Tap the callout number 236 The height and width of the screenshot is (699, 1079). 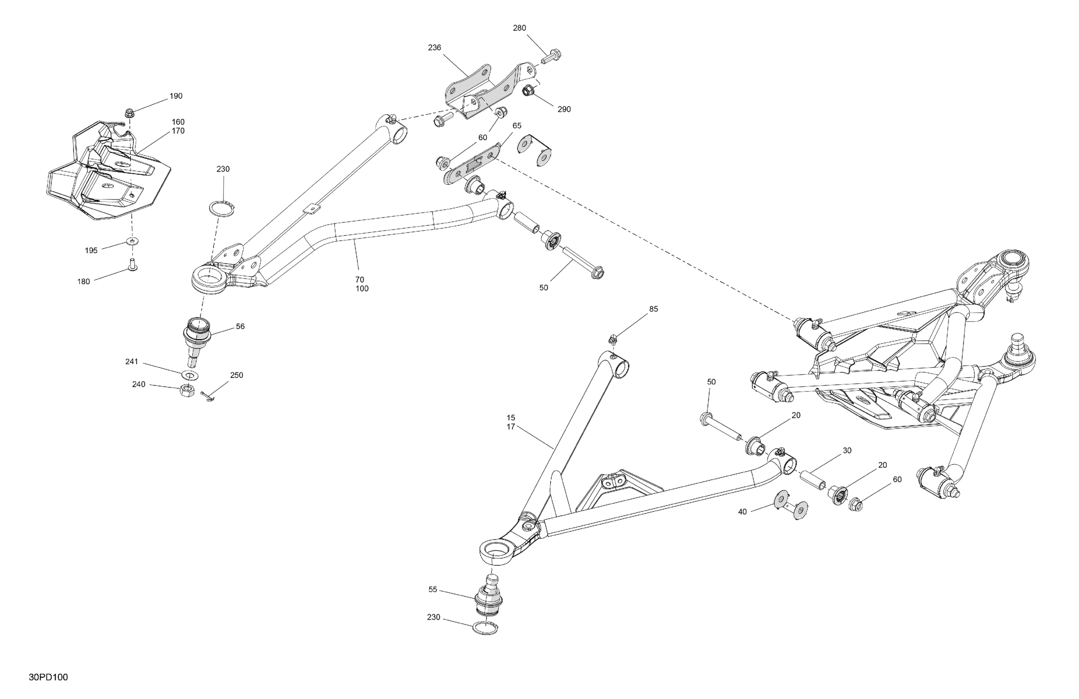[434, 48]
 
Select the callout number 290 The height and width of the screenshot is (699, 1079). [564, 109]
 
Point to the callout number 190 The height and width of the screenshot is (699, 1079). [176, 96]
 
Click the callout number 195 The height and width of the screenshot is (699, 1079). [91, 250]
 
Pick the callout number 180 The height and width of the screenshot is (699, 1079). [84, 281]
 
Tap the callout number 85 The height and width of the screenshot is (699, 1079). [653, 309]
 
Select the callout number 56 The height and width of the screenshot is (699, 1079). [240, 326]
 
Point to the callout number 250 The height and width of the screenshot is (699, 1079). [236, 375]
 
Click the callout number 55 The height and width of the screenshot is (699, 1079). [433, 589]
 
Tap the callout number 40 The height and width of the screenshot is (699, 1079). [742, 512]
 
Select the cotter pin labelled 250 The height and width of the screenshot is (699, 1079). [208, 397]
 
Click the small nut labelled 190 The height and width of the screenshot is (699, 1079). [129, 112]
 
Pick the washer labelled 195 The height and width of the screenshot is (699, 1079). [133, 241]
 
